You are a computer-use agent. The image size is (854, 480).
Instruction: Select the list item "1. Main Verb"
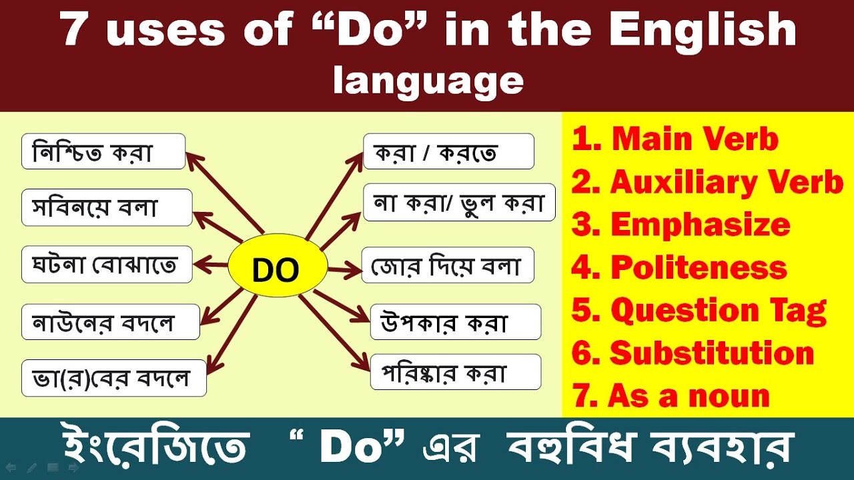tap(675, 139)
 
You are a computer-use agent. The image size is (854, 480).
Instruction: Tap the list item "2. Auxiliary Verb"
tap(707, 182)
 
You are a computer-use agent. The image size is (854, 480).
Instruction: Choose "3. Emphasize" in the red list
tap(681, 225)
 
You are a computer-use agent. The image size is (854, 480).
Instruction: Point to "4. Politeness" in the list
tap(679, 268)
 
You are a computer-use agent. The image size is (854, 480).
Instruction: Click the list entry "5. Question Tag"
tap(699, 310)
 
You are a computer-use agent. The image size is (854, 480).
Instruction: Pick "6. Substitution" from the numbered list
tap(693, 353)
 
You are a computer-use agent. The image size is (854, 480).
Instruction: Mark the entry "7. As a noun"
tap(671, 396)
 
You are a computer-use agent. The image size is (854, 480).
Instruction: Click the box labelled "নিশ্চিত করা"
tap(103, 151)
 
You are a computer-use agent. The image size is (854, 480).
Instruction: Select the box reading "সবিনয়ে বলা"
tap(107, 207)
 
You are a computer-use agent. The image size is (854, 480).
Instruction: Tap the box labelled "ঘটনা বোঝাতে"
tap(107, 264)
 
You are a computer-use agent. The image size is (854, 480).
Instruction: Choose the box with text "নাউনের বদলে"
tap(111, 322)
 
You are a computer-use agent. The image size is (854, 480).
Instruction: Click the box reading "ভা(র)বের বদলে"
tap(114, 378)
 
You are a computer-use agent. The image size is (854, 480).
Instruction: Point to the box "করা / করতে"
tap(448, 151)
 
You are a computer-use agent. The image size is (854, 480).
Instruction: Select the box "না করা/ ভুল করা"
tap(459, 202)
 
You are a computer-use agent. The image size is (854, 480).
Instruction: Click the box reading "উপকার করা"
tap(456, 322)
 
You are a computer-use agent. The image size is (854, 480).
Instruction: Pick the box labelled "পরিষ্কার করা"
tap(456, 372)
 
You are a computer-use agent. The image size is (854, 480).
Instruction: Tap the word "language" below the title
tap(428, 81)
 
